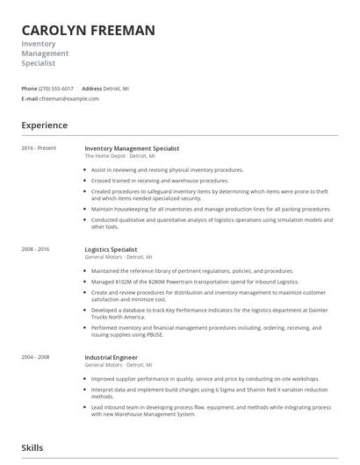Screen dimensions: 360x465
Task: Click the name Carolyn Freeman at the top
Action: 88,31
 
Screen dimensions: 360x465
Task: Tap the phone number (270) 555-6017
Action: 57,89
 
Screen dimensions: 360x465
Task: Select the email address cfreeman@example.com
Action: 70,99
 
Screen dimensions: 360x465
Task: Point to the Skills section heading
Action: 32,447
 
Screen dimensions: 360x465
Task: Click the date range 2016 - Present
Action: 39,148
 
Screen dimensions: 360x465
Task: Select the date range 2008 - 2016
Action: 35,249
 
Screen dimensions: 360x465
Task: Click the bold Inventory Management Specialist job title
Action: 131,148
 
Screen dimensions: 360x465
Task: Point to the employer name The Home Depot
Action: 104,155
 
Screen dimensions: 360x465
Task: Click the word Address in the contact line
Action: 92,89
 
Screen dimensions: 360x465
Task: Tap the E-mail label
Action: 30,99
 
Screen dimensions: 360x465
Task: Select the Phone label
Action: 29,89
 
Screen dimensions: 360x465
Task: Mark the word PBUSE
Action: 179,335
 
